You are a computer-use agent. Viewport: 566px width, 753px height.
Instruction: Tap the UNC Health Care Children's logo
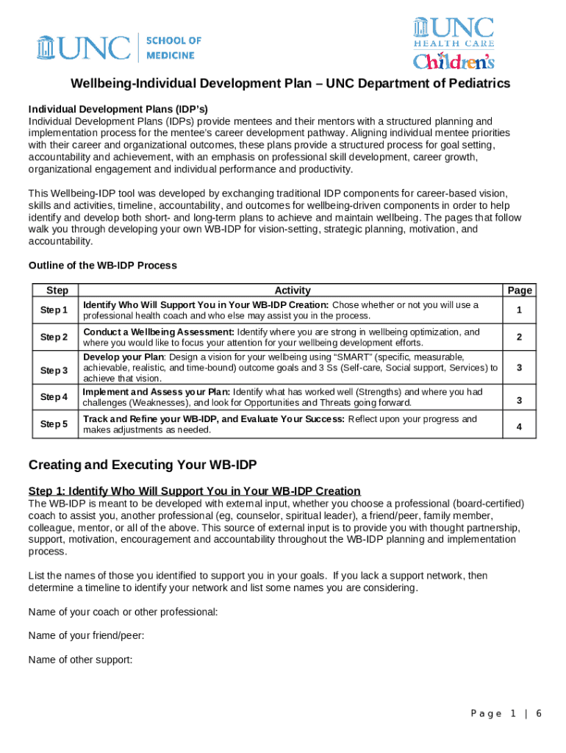(x=453, y=43)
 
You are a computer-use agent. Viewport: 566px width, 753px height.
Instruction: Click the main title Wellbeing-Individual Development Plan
(x=290, y=84)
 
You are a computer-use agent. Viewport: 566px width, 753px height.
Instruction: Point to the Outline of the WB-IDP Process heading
(x=102, y=265)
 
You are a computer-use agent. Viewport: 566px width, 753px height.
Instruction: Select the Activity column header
(x=292, y=290)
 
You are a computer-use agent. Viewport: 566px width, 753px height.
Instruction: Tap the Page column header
(x=519, y=290)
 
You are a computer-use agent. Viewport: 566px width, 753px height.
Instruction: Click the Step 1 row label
(x=54, y=310)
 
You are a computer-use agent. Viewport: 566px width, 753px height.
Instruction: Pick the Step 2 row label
(x=54, y=338)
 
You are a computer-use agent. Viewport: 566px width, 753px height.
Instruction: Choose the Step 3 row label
(x=54, y=370)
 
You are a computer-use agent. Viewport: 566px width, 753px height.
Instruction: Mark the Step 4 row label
(x=54, y=397)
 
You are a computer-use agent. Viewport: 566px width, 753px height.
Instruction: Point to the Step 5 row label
(x=54, y=424)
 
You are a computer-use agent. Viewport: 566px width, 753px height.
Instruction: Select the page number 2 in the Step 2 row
(x=519, y=338)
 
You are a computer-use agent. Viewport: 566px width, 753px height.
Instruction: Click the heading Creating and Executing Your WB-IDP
(x=143, y=465)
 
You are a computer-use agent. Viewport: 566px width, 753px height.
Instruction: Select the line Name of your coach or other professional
(x=122, y=612)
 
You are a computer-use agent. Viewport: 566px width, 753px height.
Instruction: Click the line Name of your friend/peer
(x=86, y=635)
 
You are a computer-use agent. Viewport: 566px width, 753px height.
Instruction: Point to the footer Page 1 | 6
(x=506, y=714)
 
